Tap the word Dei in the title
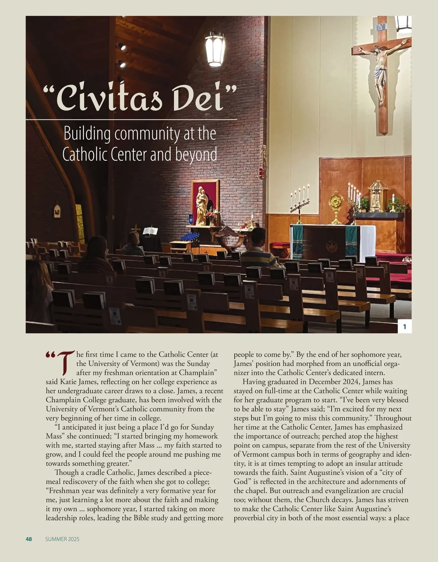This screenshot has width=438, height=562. (x=200, y=97)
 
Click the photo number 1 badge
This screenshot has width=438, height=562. (x=404, y=327)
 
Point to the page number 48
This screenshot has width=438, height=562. (x=29, y=539)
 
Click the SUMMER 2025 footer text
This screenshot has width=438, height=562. (x=62, y=539)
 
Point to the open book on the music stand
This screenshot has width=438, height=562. (x=150, y=231)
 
